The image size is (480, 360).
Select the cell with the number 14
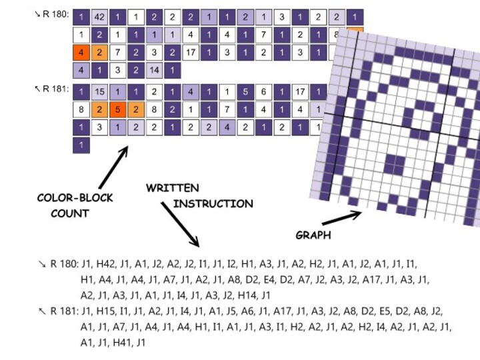pyautogui.click(x=154, y=69)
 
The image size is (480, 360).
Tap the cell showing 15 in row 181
pyautogui.click(x=99, y=93)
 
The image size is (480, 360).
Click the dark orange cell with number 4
pyautogui.click(x=81, y=52)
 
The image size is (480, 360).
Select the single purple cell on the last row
pyautogui.click(x=81, y=144)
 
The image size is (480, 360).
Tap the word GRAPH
pyautogui.click(x=313, y=235)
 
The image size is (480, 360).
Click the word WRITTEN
pyautogui.click(x=172, y=189)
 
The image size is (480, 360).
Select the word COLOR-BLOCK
pyautogui.click(x=75, y=198)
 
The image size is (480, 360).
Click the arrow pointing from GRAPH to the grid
pyautogui.click(x=341, y=218)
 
